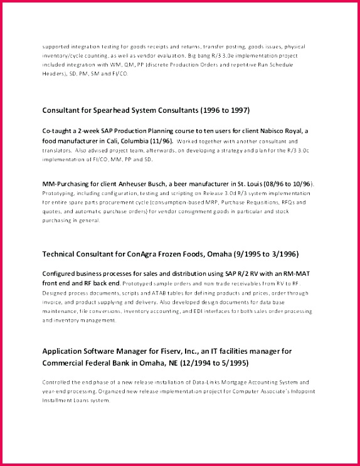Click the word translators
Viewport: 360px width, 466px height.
click(56, 151)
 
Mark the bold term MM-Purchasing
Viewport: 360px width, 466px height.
click(65, 183)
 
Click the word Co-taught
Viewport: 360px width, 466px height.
click(58, 130)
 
